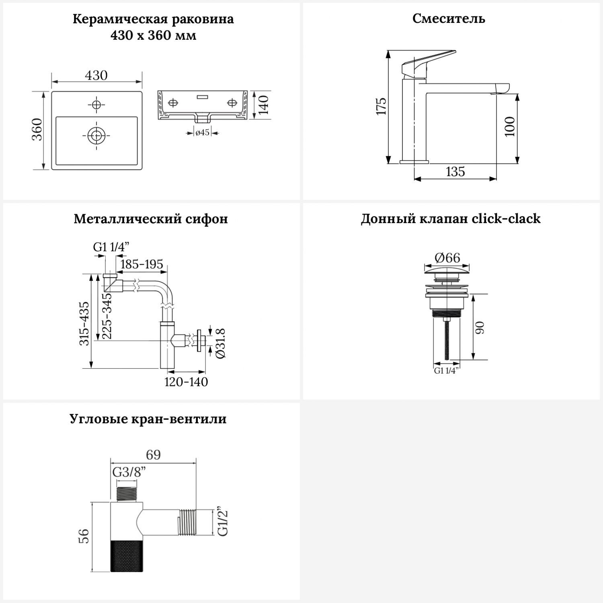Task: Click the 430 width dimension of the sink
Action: click(x=96, y=75)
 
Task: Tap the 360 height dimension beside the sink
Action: click(x=37, y=129)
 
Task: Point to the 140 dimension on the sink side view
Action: click(x=263, y=105)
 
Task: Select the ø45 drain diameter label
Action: click(x=202, y=132)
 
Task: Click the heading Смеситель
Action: click(x=449, y=18)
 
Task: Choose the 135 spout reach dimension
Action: click(x=455, y=172)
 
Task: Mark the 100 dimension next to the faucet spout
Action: click(x=510, y=127)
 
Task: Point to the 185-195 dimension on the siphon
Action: click(x=142, y=264)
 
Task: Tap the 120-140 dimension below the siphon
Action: click(x=186, y=381)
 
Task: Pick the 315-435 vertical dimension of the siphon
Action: click(x=84, y=324)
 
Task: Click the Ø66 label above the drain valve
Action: click(x=447, y=257)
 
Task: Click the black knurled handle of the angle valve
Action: click(x=126, y=556)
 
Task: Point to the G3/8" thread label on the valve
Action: click(x=129, y=472)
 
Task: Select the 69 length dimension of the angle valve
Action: click(x=153, y=455)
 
